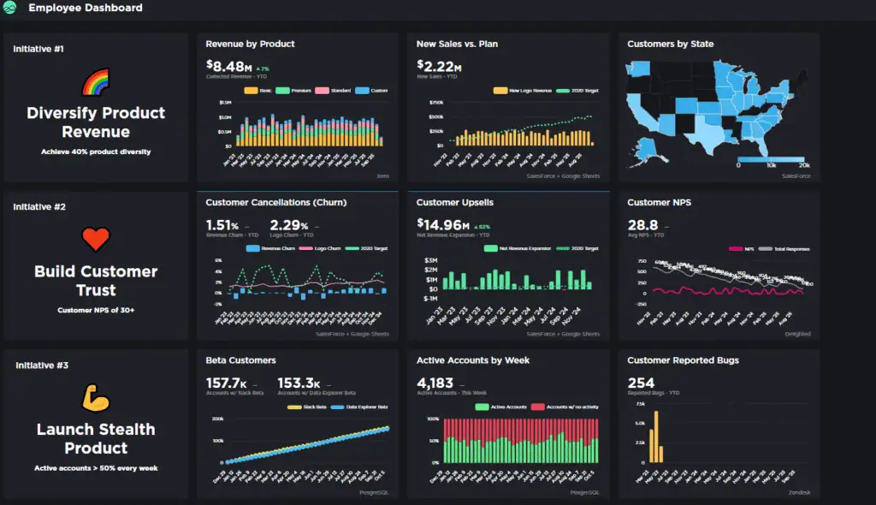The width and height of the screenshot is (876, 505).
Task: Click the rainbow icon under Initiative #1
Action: pyautogui.click(x=95, y=83)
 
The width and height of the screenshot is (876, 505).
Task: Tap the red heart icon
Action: pyautogui.click(x=96, y=239)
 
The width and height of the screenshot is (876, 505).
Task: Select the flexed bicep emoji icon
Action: pyautogui.click(x=95, y=397)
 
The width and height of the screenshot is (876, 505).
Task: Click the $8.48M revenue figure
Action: pyautogui.click(x=228, y=65)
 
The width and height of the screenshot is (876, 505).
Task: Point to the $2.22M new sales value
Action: pyautogui.click(x=439, y=65)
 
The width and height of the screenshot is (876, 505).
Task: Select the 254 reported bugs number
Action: pyautogui.click(x=641, y=383)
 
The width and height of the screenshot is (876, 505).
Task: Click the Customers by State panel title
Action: pyautogui.click(x=670, y=44)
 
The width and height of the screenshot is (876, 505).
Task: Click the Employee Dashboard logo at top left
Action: pyautogui.click(x=11, y=8)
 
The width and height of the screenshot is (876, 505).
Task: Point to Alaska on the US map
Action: pyautogui.click(x=650, y=147)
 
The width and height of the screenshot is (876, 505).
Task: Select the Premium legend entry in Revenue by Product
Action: pyautogui.click(x=296, y=90)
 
